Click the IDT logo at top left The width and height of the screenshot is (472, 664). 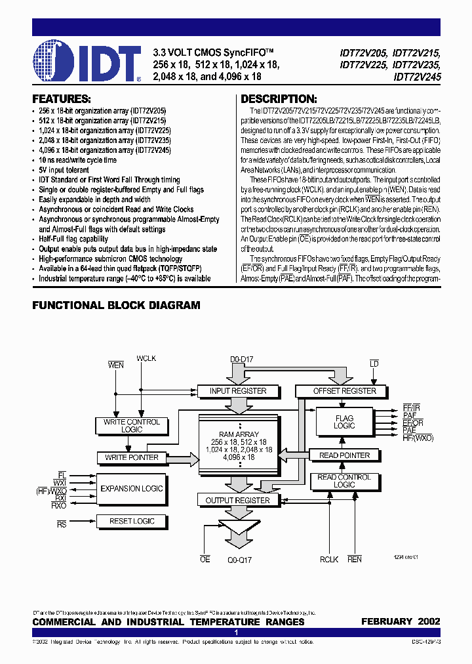pyautogui.click(x=87, y=62)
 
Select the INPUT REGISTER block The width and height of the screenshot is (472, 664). pyautogui.click(x=238, y=391)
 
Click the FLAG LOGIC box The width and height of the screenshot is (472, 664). pyautogui.click(x=344, y=422)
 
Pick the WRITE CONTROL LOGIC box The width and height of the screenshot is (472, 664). pyautogui.click(x=132, y=426)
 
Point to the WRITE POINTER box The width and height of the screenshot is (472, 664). pyautogui.click(x=132, y=457)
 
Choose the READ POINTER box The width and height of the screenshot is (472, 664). pyautogui.click(x=344, y=455)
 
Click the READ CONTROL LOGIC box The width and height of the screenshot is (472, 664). pyautogui.click(x=344, y=481)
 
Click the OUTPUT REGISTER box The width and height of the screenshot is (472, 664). pyautogui.click(x=237, y=500)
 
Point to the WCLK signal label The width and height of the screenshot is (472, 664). pyautogui.click(x=146, y=359)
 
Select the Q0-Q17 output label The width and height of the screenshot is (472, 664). pyautogui.click(x=239, y=560)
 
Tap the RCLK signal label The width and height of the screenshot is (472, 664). pyautogui.click(x=329, y=560)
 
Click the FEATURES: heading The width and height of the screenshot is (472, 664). pyautogui.click(x=62, y=100)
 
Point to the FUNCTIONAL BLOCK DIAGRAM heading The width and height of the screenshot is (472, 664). pyautogui.click(x=116, y=305)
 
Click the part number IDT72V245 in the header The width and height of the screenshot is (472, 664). pyautogui.click(x=418, y=77)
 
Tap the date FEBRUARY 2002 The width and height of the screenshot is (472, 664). pyautogui.click(x=401, y=621)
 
